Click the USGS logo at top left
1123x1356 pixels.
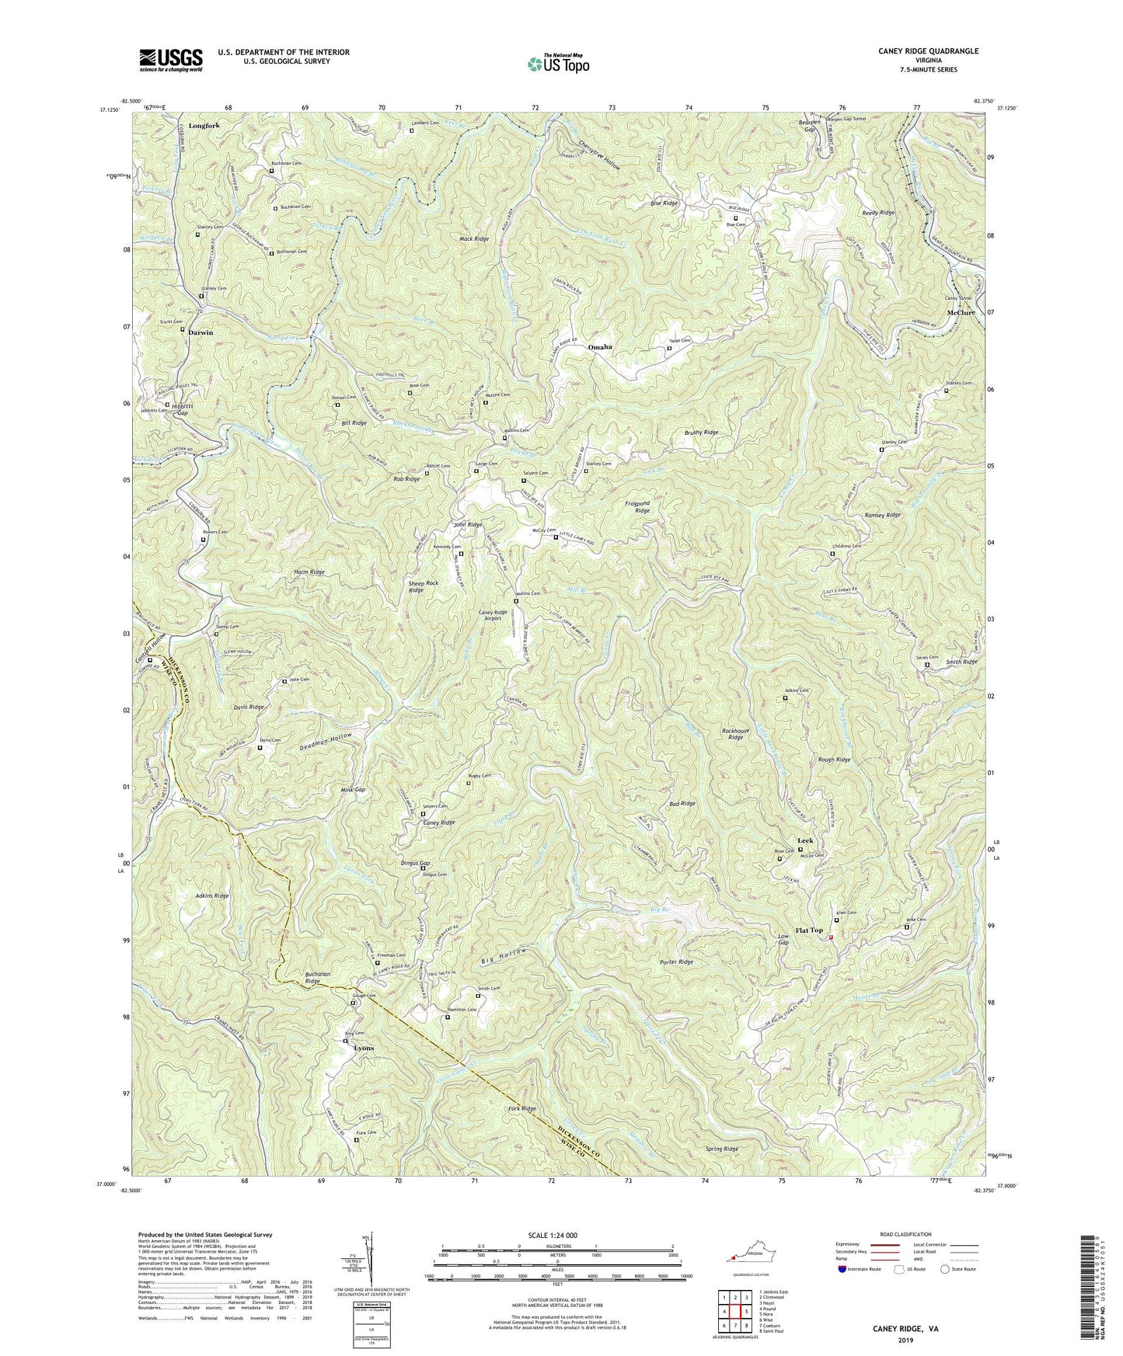[171, 60]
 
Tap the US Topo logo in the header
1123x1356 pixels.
[557, 64]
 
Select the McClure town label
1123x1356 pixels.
[961, 313]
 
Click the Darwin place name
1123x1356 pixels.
[200, 332]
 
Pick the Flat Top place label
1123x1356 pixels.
[808, 930]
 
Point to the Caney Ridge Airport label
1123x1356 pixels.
[493, 617]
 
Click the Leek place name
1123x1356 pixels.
[805, 841]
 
